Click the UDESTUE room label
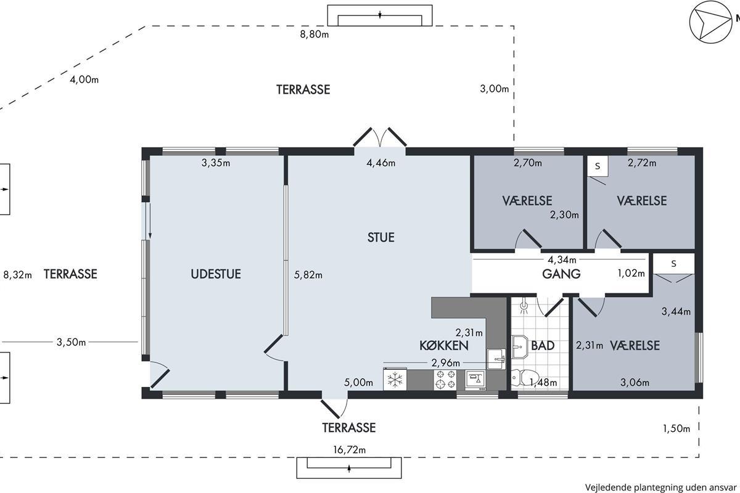pyautogui.click(x=216, y=274)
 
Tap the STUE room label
pyautogui.click(x=381, y=237)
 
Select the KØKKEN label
pyautogui.click(x=443, y=346)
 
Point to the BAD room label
pyautogui.click(x=543, y=346)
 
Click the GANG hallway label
pyautogui.click(x=561, y=274)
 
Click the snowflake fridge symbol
pyautogui.click(x=395, y=379)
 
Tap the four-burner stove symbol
pyautogui.click(x=445, y=380)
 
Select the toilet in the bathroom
pyautogui.click(x=525, y=378)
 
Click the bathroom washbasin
pyautogui.click(x=520, y=347)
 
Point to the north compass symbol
pyautogui.click(x=710, y=22)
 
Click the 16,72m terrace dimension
pyautogui.click(x=349, y=450)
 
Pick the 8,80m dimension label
pyautogui.click(x=314, y=35)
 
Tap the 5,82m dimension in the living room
pyautogui.click(x=308, y=275)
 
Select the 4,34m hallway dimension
pyautogui.click(x=562, y=260)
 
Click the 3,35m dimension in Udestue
pyautogui.click(x=216, y=163)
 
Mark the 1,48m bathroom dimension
pyautogui.click(x=543, y=382)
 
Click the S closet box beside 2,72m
pyautogui.click(x=598, y=166)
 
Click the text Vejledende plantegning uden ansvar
pyautogui.click(x=661, y=487)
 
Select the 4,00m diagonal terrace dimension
pyautogui.click(x=84, y=79)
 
